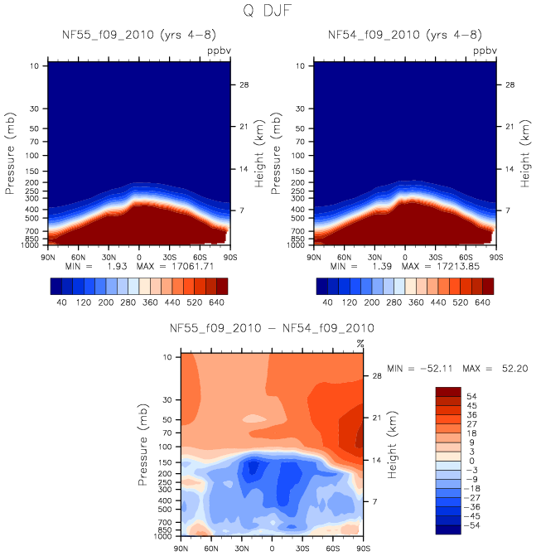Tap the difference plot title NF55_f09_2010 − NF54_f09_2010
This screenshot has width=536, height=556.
(272, 329)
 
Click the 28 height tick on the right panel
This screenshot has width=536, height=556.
(512, 85)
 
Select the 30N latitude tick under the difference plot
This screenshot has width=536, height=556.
(242, 549)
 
